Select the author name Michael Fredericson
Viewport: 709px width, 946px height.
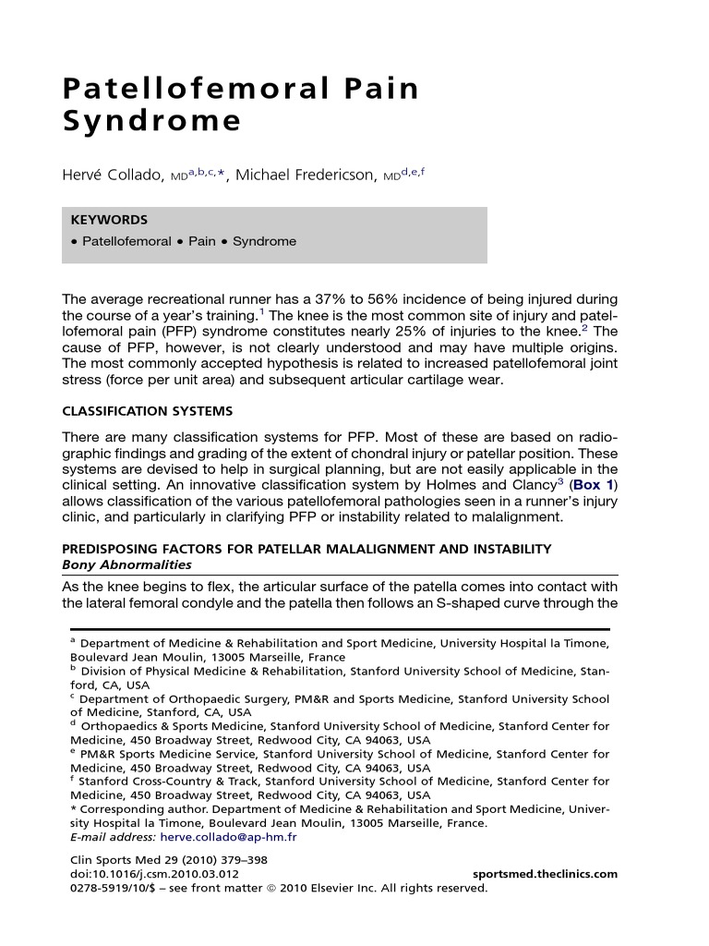(x=306, y=176)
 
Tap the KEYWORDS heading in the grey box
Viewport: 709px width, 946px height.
(x=109, y=220)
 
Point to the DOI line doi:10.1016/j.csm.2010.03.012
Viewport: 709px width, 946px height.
(x=155, y=874)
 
